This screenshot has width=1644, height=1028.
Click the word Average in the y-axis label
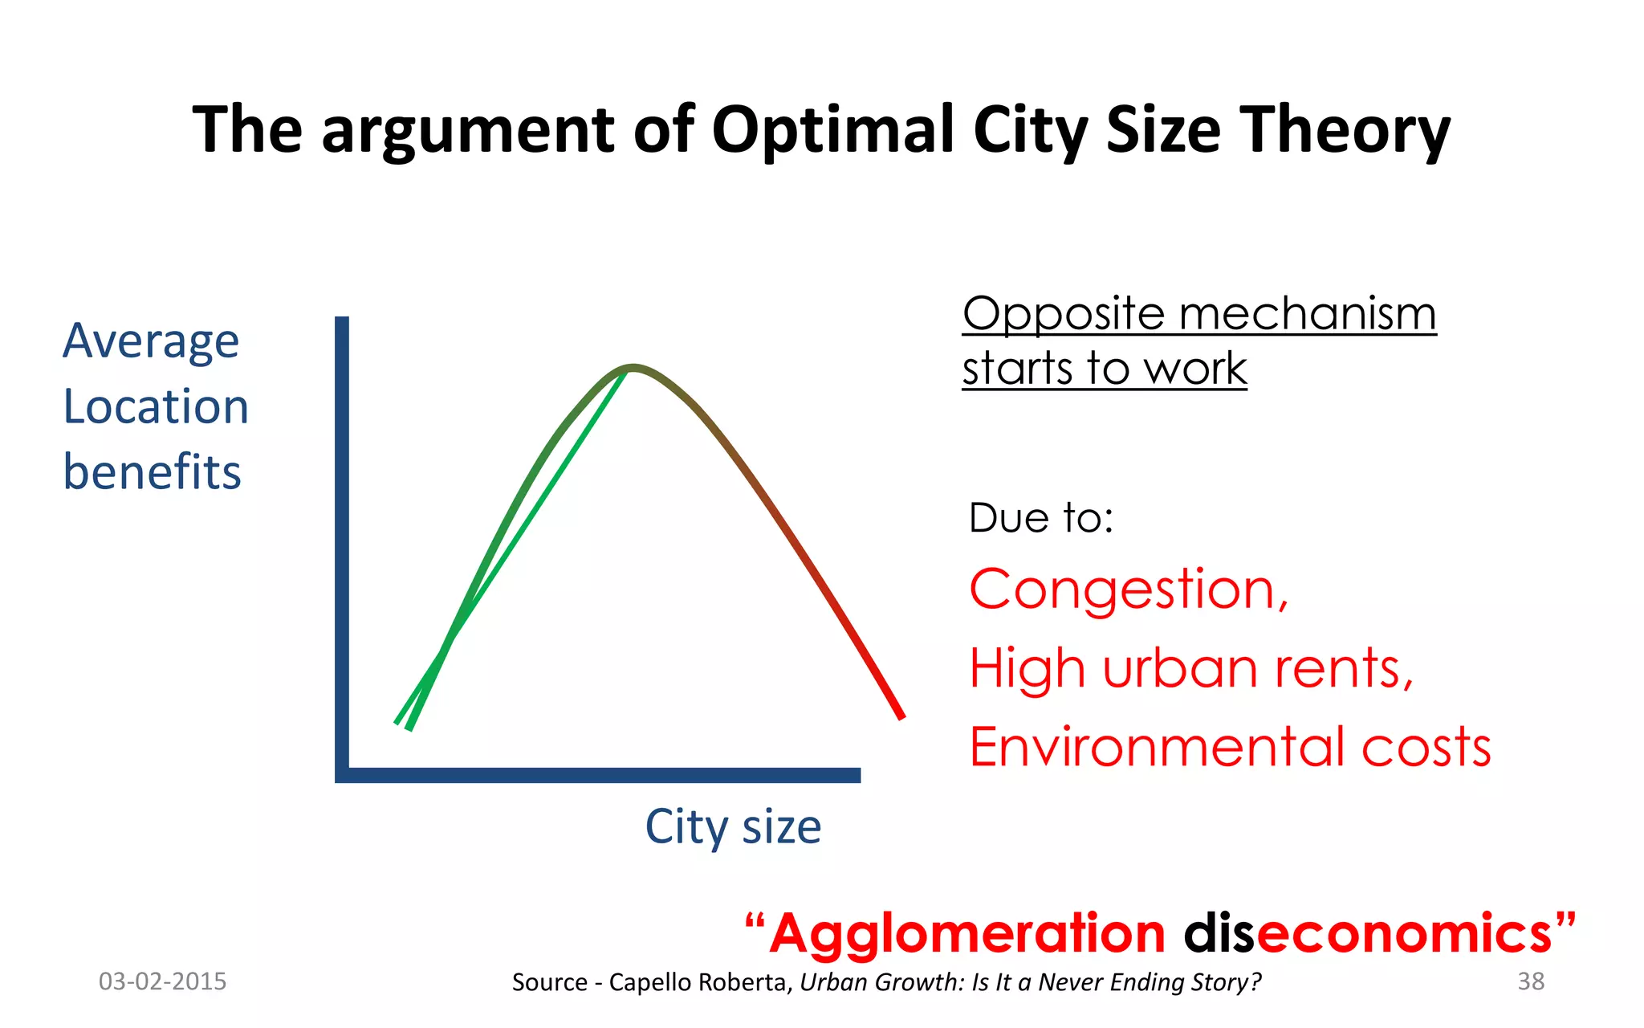tap(151, 341)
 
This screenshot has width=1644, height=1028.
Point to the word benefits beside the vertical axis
tap(152, 471)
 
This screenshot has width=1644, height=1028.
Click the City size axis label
tap(733, 826)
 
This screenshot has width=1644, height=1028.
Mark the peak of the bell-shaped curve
tap(633, 368)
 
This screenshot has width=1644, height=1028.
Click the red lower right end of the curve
tap(899, 713)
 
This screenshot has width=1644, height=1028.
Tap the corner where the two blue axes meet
tap(343, 774)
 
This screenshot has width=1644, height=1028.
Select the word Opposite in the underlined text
tap(1063, 315)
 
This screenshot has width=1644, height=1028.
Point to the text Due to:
tap(1041, 517)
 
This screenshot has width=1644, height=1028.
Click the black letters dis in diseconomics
tap(1219, 933)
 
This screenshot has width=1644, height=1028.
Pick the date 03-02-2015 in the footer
tap(162, 981)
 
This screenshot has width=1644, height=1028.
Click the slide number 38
tap(1531, 981)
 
